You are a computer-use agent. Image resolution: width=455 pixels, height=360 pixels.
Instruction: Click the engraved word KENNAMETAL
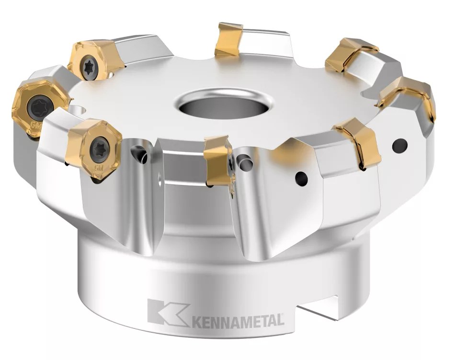point(238,320)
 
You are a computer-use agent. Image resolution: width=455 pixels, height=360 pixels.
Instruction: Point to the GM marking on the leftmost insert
point(34,125)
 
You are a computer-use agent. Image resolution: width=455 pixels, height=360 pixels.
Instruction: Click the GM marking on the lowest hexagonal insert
point(99,169)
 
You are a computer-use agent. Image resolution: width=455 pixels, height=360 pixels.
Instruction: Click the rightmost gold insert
point(413,98)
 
